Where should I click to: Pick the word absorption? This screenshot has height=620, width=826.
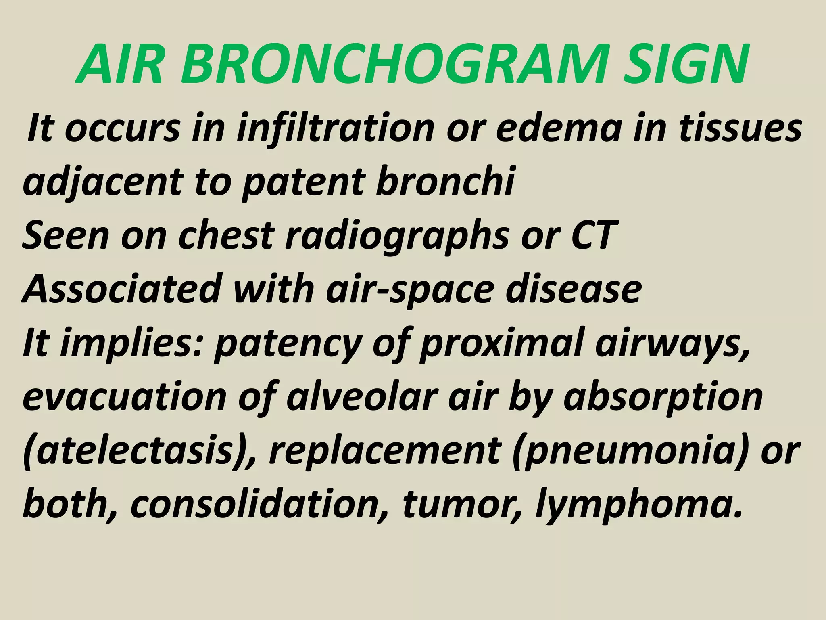(663, 397)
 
